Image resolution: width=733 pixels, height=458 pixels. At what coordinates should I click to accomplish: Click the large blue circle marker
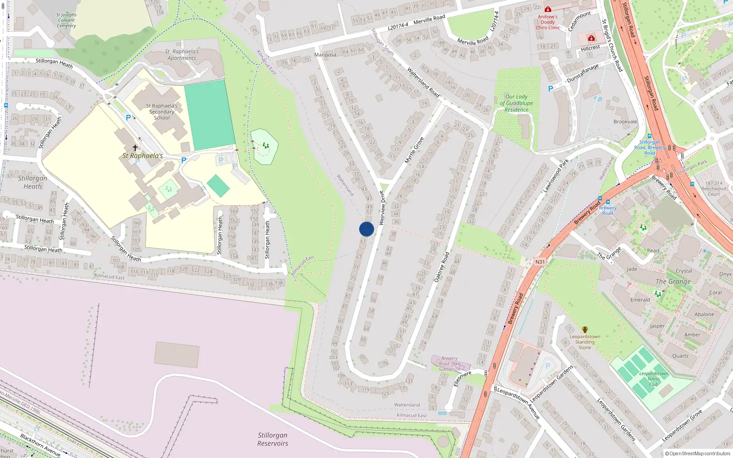tap(366, 229)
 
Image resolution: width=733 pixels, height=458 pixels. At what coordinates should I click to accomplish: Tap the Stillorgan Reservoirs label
tap(273, 439)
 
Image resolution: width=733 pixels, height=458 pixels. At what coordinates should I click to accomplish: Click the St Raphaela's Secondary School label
tap(162, 112)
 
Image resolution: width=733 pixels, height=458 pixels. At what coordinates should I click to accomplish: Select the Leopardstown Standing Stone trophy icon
tap(585, 330)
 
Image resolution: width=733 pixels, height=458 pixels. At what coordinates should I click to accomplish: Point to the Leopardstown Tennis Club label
tap(654, 379)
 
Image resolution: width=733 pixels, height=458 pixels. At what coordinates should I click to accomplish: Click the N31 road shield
tap(540, 262)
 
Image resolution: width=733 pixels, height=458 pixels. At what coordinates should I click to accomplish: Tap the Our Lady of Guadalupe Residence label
tap(516, 103)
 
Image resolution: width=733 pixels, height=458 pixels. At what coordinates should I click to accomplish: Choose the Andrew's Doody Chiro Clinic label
tap(548, 22)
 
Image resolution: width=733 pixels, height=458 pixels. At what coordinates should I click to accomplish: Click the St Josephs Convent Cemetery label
tap(66, 20)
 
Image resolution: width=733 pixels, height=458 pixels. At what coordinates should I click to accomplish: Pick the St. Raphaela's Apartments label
tap(182, 55)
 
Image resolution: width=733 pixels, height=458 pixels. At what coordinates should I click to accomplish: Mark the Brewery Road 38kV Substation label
tap(450, 364)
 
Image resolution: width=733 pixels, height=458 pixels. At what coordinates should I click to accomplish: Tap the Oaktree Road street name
tap(441, 267)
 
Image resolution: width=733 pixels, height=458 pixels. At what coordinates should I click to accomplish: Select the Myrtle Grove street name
tap(414, 150)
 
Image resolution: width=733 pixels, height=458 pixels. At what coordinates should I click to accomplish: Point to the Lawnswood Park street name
tap(556, 175)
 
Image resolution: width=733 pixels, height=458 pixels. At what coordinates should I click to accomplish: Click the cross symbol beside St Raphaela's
tap(135, 147)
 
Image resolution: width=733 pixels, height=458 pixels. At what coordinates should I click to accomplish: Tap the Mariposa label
tap(325, 55)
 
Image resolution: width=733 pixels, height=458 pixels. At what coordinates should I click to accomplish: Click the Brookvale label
tap(625, 122)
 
